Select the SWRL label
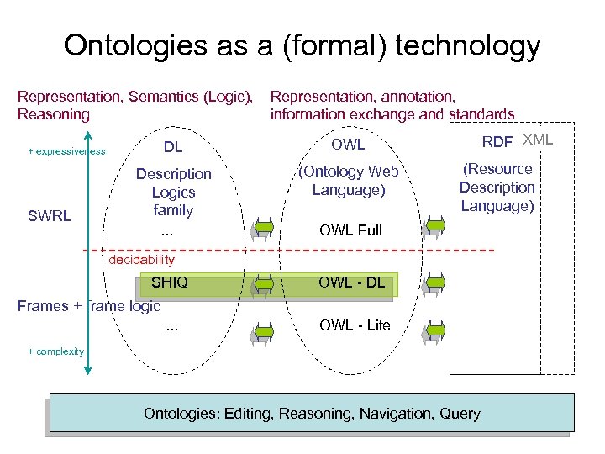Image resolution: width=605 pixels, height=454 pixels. coord(49,216)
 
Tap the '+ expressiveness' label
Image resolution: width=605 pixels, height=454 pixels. coord(66,151)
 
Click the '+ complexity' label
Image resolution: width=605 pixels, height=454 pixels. coord(56,351)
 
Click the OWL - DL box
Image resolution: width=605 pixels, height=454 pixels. coord(350,282)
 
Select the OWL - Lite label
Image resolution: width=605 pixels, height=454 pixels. coord(355,325)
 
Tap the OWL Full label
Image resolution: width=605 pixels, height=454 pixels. coord(350,230)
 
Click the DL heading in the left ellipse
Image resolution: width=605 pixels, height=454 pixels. coord(173,148)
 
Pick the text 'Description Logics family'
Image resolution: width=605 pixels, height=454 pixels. coord(173,192)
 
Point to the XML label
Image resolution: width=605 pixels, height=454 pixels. coord(538,140)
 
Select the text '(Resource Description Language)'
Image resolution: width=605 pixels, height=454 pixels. coord(497,187)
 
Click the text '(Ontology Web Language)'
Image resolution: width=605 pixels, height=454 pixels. coord(348,181)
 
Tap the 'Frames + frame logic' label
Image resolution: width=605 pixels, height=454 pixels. coord(88,306)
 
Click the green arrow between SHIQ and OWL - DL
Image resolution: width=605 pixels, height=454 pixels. coord(263,284)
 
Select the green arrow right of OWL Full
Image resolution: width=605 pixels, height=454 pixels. coord(434,227)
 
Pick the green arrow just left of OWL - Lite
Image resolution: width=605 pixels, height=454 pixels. coord(263,333)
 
